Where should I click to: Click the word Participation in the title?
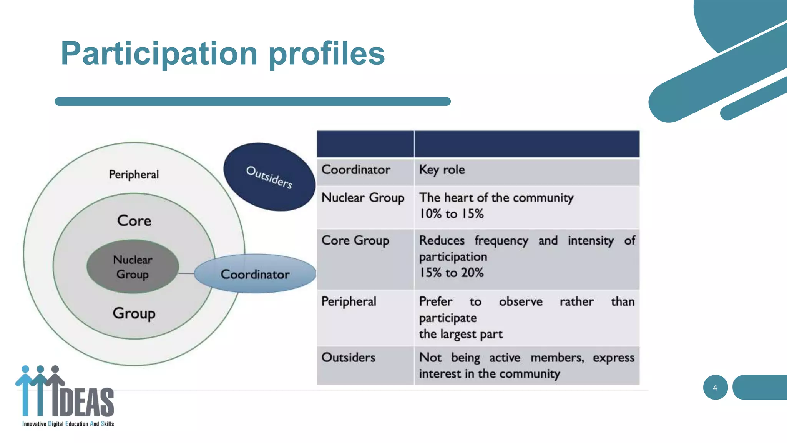pos(159,54)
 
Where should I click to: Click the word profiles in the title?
pos(326,54)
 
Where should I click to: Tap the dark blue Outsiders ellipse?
pos(269,177)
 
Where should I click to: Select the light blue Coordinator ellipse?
pos(255,274)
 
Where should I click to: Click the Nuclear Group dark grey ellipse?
pos(133,267)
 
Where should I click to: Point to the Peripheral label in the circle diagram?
pos(134,175)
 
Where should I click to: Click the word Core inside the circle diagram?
pos(134,221)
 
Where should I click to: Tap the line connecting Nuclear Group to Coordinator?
pos(186,273)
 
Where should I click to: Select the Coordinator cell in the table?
pos(356,170)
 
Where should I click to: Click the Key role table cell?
pos(442,170)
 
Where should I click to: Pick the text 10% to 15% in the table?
pos(451,214)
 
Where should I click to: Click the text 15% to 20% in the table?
pos(451,273)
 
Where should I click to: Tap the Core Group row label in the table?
pos(355,241)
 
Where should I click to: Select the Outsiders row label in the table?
pos(348,358)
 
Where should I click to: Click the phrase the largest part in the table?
pos(460,334)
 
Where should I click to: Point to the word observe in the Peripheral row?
pos(521,301)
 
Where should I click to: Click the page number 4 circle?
pos(715,388)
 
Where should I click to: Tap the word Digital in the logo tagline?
pos(56,424)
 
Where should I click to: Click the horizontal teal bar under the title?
pos(252,102)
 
